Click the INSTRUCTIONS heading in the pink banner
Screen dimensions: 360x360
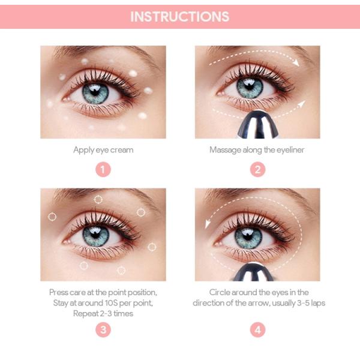tap(180, 17)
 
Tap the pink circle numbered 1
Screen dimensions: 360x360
tap(103, 169)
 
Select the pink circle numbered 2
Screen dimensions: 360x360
tap(257, 169)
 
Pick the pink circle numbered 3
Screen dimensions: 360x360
tap(103, 329)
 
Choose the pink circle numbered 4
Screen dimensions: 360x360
tap(257, 329)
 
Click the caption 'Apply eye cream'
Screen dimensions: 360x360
tap(103, 150)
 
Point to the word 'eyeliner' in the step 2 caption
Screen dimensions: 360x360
tap(290, 150)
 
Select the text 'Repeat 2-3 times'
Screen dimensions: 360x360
tap(103, 313)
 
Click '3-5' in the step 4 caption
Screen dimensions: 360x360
tap(303, 303)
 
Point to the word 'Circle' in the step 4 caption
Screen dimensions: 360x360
tap(220, 292)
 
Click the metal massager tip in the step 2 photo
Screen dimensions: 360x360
tap(258, 125)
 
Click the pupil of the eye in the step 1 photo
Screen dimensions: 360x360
tap(95, 91)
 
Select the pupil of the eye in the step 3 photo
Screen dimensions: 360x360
tap(95, 235)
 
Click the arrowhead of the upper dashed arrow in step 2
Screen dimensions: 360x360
tap(296, 62)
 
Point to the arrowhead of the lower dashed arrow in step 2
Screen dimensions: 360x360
tap(302, 104)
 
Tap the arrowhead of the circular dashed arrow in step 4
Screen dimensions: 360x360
tap(208, 224)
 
